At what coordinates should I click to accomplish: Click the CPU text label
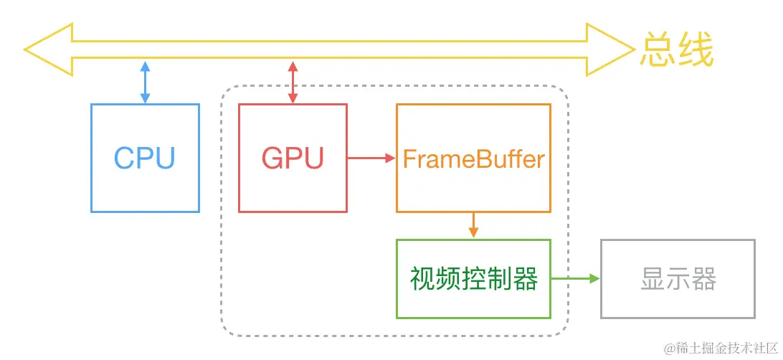click(145, 158)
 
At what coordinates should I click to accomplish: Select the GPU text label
click(293, 158)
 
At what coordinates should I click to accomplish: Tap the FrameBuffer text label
click(473, 158)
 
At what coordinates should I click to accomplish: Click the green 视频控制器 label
click(473, 280)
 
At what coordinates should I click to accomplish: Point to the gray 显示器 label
click(678, 280)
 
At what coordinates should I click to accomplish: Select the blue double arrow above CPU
click(145, 82)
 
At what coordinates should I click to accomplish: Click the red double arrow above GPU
click(293, 82)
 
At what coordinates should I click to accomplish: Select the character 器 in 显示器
click(704, 280)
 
